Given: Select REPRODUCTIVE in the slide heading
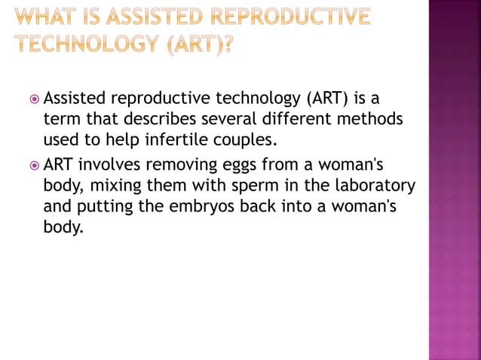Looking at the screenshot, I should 290,17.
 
